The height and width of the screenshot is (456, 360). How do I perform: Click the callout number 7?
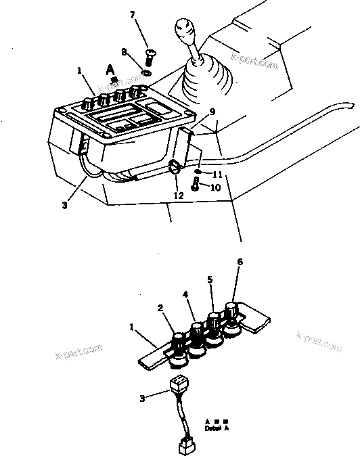coord(133,15)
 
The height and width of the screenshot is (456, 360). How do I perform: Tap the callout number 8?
coord(123,51)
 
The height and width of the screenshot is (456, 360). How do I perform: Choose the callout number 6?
coord(240,261)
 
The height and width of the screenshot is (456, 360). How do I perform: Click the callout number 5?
coord(210,278)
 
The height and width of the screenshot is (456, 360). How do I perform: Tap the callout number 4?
coord(185,294)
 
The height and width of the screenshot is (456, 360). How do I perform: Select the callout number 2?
coord(160,309)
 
